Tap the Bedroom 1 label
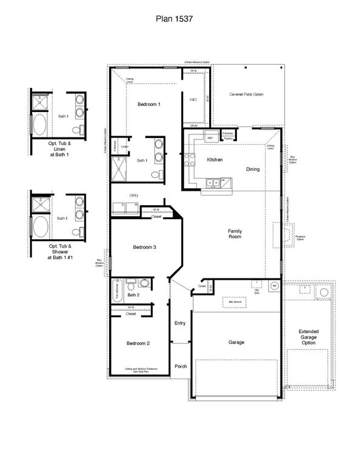point(149,105)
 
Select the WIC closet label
point(193,99)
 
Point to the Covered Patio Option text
point(247,94)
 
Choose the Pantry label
point(228,139)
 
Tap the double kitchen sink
point(213,180)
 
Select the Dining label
point(253,169)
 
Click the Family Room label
point(235,233)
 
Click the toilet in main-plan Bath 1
point(156,174)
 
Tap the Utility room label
point(134,195)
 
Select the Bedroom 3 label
point(145,247)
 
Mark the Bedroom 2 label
point(138,343)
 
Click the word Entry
point(180,323)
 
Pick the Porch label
point(181,366)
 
